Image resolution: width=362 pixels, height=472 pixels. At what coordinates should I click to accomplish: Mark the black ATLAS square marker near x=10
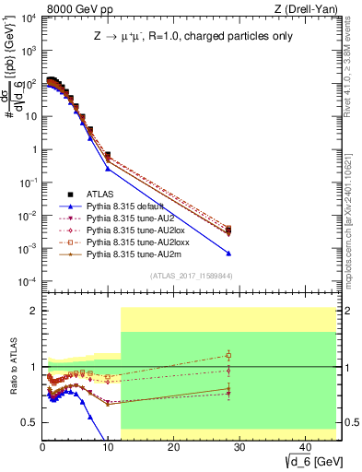pyautogui.click(x=108, y=156)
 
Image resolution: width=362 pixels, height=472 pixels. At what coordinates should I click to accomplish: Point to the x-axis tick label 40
pyautogui.click(x=304, y=445)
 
